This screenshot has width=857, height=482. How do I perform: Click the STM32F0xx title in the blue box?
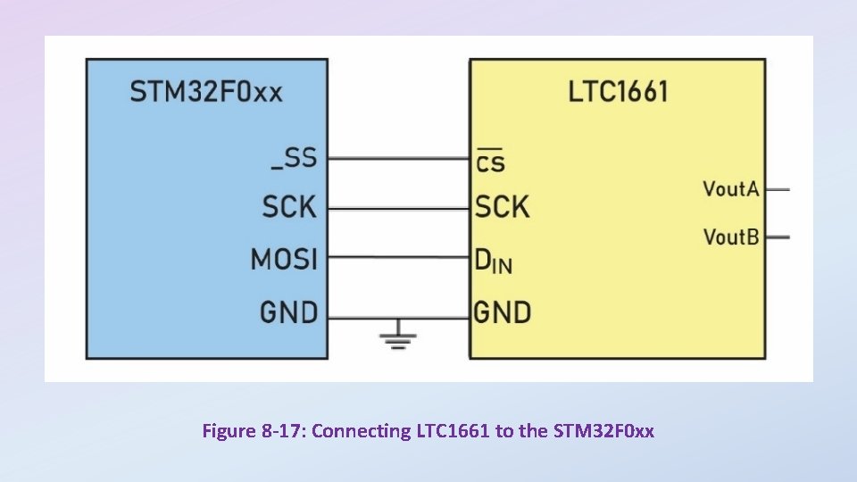206,92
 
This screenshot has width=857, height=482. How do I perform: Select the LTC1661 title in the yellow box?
618,91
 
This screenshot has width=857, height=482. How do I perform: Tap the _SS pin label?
294,158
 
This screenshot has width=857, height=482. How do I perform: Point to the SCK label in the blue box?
289,207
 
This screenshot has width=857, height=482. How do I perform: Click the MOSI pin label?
284,259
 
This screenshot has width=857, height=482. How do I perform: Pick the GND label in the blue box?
288,312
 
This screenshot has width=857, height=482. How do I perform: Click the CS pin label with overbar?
490,162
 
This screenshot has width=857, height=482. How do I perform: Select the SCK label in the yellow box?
502,208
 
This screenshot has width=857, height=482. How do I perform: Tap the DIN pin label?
493,261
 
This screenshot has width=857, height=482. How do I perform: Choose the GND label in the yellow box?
502,312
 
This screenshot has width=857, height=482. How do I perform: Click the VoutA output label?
730,188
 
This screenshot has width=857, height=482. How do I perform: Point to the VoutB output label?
730,237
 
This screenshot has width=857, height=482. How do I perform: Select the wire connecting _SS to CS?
398,159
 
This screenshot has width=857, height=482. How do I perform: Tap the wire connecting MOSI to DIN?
398,258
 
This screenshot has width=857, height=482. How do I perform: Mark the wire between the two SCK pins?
398,208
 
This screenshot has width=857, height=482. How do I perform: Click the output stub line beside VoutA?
778,188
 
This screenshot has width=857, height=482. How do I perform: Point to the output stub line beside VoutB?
778,237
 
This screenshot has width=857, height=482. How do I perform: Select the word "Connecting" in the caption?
362,432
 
